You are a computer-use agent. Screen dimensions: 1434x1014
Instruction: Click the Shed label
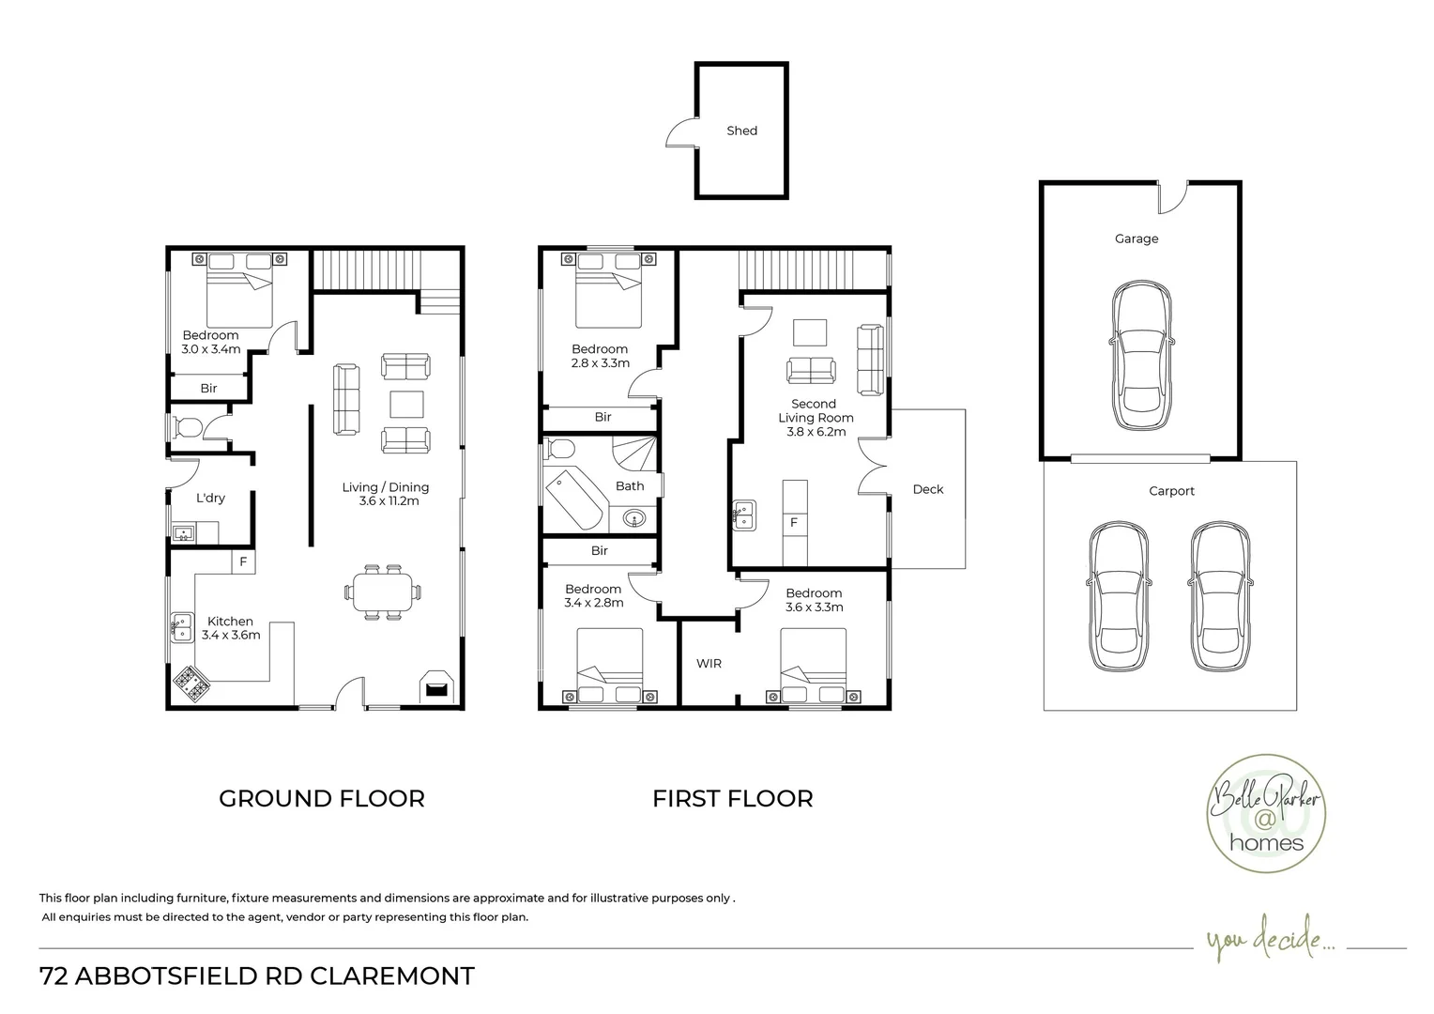pyautogui.click(x=741, y=131)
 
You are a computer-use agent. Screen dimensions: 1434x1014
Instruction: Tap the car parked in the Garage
pyautogui.click(x=1141, y=355)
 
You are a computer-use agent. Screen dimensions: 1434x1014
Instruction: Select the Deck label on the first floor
pyautogui.click(x=927, y=489)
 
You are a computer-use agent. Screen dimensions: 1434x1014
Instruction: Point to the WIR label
pyautogui.click(x=709, y=664)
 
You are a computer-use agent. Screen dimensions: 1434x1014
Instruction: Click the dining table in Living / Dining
pyautogui.click(x=382, y=591)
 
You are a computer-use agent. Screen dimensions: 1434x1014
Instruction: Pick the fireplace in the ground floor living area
pyautogui.click(x=436, y=686)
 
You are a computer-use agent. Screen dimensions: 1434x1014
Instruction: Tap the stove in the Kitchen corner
pyautogui.click(x=191, y=684)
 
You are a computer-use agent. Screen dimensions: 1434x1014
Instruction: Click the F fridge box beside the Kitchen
pyautogui.click(x=243, y=561)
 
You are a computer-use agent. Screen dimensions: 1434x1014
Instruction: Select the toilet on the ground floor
pyautogui.click(x=187, y=426)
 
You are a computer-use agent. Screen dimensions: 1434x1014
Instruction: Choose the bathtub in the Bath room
pyautogui.click(x=574, y=499)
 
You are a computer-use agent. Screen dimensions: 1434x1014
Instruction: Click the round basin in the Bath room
pyautogui.click(x=633, y=518)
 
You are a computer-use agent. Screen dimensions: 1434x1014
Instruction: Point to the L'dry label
pyautogui.click(x=210, y=498)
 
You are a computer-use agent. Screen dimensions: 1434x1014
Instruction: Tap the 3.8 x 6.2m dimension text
pyautogui.click(x=816, y=432)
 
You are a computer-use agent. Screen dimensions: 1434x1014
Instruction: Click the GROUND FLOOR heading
pyautogui.click(x=322, y=799)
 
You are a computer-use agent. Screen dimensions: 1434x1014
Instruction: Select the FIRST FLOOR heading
pyautogui.click(x=732, y=799)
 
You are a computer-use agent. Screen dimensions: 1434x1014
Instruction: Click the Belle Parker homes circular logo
pyautogui.click(x=1266, y=813)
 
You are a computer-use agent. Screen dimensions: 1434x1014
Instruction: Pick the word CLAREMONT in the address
pyautogui.click(x=392, y=976)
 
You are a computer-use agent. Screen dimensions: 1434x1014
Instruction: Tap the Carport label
pyautogui.click(x=1171, y=491)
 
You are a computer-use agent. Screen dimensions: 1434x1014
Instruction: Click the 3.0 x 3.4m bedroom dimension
pyautogui.click(x=210, y=349)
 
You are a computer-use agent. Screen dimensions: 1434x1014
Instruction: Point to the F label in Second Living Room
pyautogui.click(x=794, y=523)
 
